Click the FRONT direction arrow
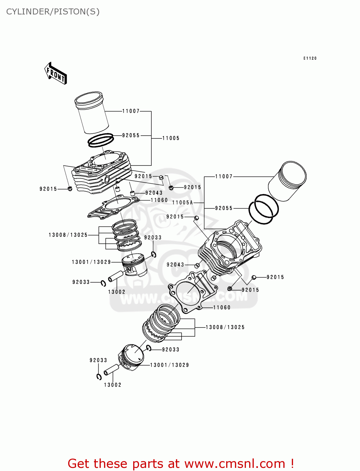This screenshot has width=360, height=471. tap(56, 73)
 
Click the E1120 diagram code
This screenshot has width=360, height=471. tap(310, 58)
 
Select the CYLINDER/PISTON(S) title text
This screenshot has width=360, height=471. tap(53, 12)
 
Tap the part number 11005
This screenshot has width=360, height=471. tap(171, 138)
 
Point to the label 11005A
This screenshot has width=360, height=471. tap(183, 203)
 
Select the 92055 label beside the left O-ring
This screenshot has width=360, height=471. tap(131, 135)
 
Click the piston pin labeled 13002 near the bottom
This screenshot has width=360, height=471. tap(111, 370)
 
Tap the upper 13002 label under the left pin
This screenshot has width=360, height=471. tap(117, 292)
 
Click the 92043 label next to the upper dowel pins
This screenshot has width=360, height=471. tap(154, 193)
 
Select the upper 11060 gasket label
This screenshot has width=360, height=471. tap(159, 200)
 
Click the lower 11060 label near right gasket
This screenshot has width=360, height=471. tap(222, 308)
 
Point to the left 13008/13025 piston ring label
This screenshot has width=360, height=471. tap(68, 235)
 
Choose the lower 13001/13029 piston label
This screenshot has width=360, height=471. tap(169, 365)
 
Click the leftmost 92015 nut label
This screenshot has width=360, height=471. tap(48, 189)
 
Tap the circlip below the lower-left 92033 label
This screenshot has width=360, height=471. tap(99, 377)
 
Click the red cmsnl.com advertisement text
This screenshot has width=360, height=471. tap(181, 463)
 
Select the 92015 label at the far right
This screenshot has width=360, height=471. tap(275, 277)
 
